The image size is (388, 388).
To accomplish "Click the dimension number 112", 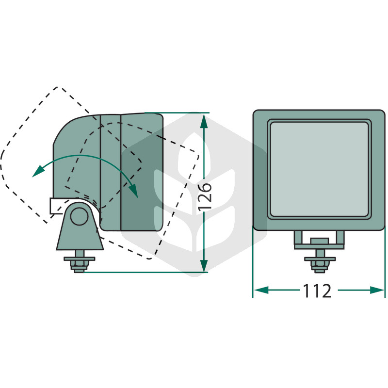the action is pyautogui.click(x=317, y=291).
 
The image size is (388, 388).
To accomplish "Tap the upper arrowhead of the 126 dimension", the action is pyautogui.click(x=204, y=121).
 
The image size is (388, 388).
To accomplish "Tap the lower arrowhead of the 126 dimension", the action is pyautogui.click(x=204, y=265).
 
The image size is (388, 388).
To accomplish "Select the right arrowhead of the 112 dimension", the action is pyautogui.click(x=377, y=290).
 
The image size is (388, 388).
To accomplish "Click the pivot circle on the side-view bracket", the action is pyautogui.click(x=79, y=216).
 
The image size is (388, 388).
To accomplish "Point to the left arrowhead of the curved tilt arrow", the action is pyautogui.click(x=38, y=171).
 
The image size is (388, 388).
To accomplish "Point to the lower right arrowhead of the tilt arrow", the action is pyautogui.click(x=133, y=191).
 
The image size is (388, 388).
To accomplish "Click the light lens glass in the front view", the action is pyautogui.click(x=319, y=169).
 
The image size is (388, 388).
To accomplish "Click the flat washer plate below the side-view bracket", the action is pyautogui.click(x=79, y=259).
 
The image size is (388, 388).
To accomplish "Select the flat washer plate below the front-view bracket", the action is pyautogui.click(x=320, y=259).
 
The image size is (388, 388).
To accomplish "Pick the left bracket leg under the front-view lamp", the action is pyautogui.click(x=298, y=238).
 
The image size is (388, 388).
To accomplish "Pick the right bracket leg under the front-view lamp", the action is pyautogui.click(x=340, y=238).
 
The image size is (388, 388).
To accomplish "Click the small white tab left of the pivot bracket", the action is pyautogui.click(x=56, y=205).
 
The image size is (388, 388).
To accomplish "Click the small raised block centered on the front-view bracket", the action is pyautogui.click(x=320, y=241).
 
